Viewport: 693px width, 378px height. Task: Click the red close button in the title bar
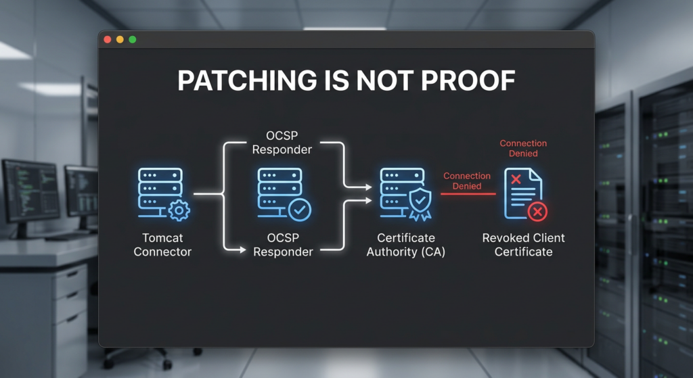point(108,40)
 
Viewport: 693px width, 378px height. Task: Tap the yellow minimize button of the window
point(120,40)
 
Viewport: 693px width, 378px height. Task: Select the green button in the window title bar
point(133,40)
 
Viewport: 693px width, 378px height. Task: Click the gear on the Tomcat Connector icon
point(179,210)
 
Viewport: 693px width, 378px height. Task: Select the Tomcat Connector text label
point(162,245)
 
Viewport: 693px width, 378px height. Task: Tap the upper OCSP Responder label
point(282,143)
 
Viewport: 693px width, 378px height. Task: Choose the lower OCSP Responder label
point(282,245)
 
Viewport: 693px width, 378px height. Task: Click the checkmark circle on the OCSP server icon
point(300,210)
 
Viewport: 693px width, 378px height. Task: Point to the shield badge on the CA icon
point(419,202)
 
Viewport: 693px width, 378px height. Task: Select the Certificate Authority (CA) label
point(406,245)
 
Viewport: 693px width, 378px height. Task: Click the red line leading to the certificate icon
point(468,194)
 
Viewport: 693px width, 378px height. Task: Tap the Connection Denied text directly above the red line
point(467,181)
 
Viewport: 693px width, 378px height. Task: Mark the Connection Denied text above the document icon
point(523,148)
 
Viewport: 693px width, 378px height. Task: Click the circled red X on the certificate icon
point(537,212)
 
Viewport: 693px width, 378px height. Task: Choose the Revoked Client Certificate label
point(523,245)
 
